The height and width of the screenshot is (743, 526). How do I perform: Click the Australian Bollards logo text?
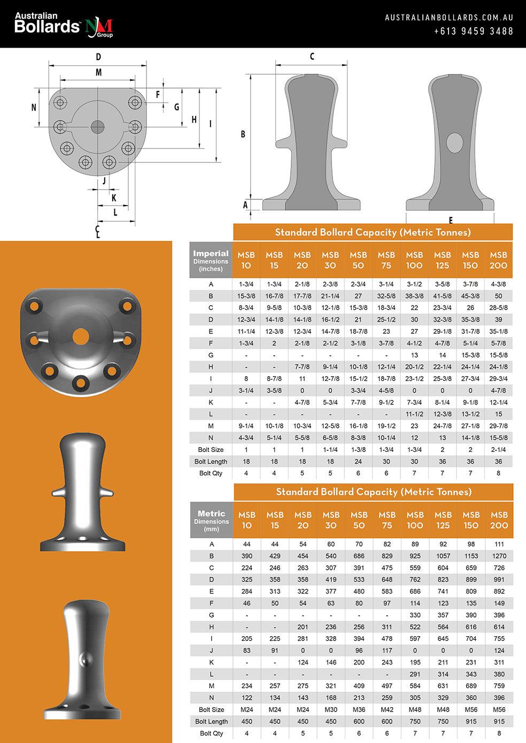coord(47,23)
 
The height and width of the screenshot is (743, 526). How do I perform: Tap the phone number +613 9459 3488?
coord(474,31)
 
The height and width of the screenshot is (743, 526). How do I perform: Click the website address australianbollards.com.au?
coord(449,18)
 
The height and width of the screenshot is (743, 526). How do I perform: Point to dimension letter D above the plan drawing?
coord(98,57)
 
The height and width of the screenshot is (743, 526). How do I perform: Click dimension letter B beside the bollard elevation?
coord(243,134)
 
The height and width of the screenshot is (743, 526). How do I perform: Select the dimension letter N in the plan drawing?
coord(34,107)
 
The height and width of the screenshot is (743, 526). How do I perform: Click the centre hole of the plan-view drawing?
coord(98,127)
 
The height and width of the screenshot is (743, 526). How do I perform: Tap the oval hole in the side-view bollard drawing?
coord(454,143)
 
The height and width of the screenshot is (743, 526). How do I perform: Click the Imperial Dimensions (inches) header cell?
coord(211,260)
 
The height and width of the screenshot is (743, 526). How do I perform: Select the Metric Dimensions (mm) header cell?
coord(211,520)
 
